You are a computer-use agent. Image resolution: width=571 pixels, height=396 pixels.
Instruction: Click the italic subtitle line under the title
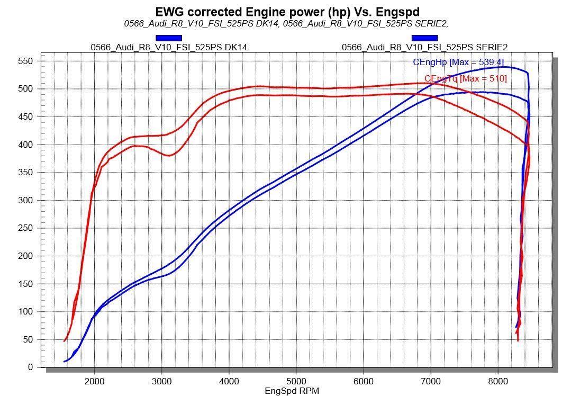pos(286,23)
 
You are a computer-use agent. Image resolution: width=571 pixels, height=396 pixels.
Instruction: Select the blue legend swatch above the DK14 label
pos(169,38)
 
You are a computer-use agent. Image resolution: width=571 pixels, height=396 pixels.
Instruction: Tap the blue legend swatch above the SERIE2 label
pos(424,38)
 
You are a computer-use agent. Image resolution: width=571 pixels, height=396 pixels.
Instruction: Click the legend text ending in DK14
pos(169,47)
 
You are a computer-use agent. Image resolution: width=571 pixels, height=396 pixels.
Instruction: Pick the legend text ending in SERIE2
pos(424,47)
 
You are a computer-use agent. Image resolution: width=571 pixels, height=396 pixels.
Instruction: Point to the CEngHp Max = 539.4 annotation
pos(458,62)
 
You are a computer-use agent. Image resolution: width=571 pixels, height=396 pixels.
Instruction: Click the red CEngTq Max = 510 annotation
pos(465,79)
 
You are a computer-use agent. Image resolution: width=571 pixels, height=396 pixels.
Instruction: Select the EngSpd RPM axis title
pos(292,391)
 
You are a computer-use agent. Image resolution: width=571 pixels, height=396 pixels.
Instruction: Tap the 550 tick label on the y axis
pos(25,61)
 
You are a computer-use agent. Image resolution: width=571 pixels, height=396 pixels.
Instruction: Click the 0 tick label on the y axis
pos(30,367)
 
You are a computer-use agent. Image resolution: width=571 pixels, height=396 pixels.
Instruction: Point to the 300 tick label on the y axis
pos(25,200)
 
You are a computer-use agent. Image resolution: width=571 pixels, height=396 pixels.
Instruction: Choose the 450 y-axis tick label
pos(25,117)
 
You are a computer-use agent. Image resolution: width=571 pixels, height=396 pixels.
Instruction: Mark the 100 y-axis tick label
pos(25,311)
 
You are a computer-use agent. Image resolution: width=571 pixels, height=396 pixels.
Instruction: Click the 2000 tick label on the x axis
pos(94,381)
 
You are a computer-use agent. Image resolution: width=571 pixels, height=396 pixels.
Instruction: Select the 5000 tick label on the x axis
pos(296,381)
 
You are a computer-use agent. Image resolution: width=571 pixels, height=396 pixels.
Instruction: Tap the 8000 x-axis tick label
pos(498,381)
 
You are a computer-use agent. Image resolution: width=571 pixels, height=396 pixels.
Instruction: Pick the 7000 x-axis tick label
pos(431,381)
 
